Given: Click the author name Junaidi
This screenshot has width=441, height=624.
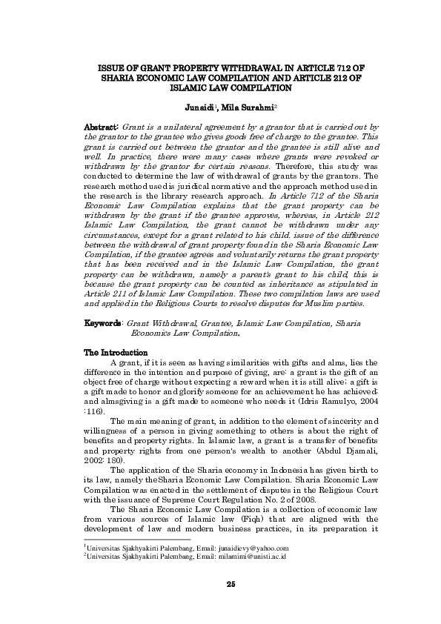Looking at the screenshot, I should point(199,107).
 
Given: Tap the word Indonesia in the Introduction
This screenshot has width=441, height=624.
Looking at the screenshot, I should point(256,470).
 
